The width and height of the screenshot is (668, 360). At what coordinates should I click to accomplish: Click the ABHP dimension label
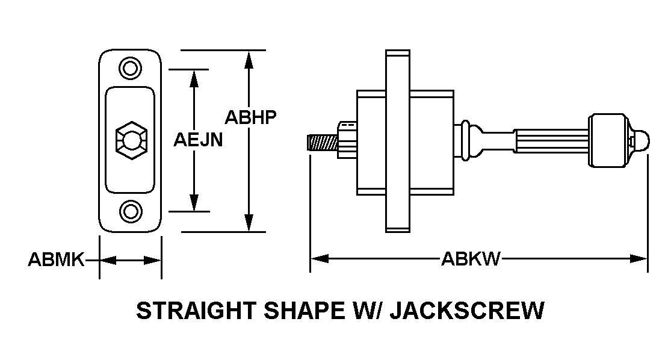[x=250, y=116]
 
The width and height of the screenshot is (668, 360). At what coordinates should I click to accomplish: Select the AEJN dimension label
[x=199, y=140]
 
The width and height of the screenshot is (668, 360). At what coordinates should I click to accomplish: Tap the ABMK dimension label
[x=55, y=260]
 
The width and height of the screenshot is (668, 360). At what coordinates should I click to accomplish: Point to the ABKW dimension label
[x=471, y=259]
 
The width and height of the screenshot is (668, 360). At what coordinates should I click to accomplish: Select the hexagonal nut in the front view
[x=130, y=140]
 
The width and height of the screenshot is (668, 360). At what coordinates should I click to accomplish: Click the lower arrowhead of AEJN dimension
[x=194, y=203]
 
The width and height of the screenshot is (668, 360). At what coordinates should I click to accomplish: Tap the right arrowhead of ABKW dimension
[x=639, y=259]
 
